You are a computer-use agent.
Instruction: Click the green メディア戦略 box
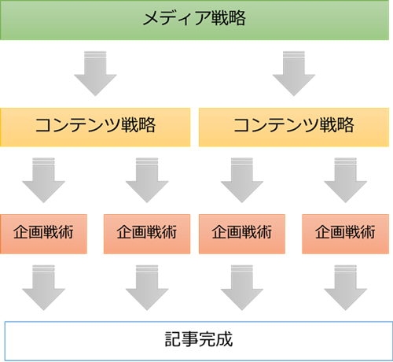click(194, 20)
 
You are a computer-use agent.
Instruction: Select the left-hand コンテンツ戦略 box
click(95, 127)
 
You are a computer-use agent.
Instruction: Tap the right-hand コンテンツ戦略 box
click(294, 127)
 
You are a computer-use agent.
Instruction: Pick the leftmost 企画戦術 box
click(43, 234)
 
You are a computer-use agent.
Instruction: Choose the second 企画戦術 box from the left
click(147, 234)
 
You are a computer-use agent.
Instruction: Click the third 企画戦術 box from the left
click(242, 234)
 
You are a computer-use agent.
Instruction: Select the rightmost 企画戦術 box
click(345, 234)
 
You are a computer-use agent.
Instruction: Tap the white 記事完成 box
click(199, 341)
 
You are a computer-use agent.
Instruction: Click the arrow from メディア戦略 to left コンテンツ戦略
click(95, 74)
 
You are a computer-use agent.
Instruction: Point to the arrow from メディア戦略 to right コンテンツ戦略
click(294, 74)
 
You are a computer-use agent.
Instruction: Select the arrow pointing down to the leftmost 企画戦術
click(43, 180)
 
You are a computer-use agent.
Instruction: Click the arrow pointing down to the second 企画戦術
click(147, 180)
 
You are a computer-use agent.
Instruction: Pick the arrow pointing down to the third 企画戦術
click(242, 180)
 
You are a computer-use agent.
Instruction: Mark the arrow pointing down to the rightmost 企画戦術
click(345, 180)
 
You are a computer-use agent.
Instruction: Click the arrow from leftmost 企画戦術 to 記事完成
click(43, 288)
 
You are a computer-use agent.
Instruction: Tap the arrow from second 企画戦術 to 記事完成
click(147, 288)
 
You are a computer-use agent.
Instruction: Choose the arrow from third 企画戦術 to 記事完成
click(242, 288)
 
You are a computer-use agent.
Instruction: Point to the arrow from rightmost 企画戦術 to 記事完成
click(345, 288)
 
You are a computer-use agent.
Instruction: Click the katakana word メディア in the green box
click(177, 18)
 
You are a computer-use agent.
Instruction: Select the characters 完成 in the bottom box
click(215, 339)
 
